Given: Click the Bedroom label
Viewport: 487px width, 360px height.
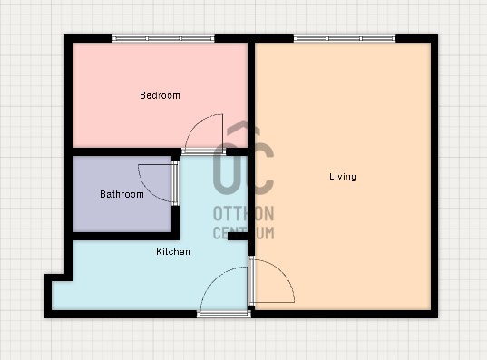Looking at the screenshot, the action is coord(160,95).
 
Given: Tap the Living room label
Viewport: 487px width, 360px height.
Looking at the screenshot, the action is coord(343,177).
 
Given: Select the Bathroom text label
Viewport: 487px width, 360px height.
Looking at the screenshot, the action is coord(122,194).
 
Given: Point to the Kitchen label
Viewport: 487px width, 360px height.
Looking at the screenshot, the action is coord(173,251).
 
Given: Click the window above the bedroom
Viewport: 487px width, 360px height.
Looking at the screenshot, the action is coord(163,38).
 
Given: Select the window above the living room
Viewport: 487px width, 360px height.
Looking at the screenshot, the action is coord(345,38).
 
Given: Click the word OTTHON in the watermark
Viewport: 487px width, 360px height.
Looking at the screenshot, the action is coord(243,214).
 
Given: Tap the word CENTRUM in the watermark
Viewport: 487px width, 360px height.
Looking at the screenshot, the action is coord(243,233).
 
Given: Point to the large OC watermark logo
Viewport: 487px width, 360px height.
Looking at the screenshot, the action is coord(243,159).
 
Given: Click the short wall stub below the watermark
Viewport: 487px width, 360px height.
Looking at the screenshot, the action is coord(238,236).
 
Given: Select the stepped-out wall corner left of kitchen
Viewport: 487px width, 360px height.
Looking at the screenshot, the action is coord(58,278).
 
